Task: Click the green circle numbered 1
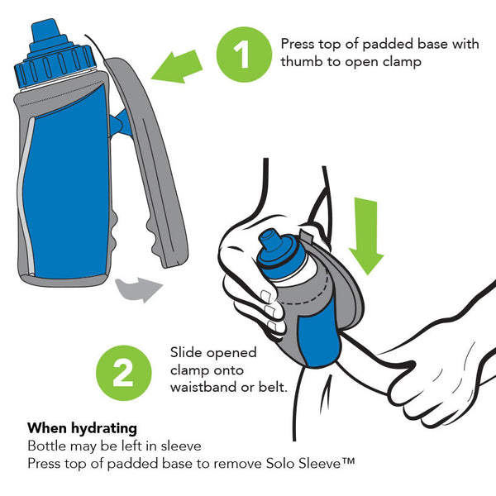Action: click(x=244, y=55)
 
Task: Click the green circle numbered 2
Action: click(x=124, y=373)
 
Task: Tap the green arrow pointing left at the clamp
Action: click(x=178, y=66)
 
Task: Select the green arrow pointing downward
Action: click(x=366, y=236)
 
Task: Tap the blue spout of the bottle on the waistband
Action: click(x=269, y=240)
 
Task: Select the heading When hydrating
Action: click(x=82, y=428)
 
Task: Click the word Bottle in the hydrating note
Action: click(x=47, y=446)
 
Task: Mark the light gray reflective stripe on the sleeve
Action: click(x=26, y=195)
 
